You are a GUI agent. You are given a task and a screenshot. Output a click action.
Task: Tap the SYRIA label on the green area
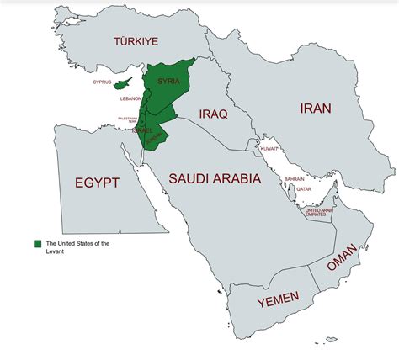(169, 81)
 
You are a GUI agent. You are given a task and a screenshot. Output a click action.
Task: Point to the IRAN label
(313, 108)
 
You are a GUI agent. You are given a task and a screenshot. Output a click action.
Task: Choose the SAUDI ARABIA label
(215, 178)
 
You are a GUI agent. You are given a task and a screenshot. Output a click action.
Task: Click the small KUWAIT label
(269, 148)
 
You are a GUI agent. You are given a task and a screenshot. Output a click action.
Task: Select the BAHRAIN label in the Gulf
(295, 179)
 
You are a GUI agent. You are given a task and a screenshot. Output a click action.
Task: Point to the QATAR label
(305, 189)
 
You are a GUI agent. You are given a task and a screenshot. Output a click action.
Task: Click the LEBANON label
(130, 98)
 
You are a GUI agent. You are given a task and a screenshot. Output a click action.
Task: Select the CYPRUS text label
(102, 82)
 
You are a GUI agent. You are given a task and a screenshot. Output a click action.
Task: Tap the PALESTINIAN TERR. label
(127, 120)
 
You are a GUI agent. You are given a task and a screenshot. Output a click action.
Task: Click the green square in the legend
(37, 243)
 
